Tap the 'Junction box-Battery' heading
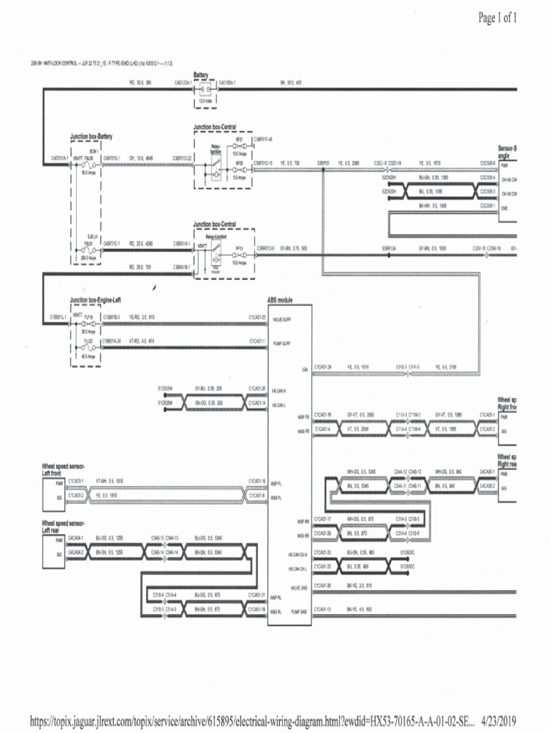[x=91, y=136]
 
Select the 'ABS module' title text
[x=280, y=301]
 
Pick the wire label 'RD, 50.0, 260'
[x=140, y=82]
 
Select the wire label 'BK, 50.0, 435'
[x=291, y=82]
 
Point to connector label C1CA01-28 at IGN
[x=324, y=366]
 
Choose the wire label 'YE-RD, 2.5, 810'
[x=142, y=316]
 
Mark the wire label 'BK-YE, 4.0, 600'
[x=360, y=609]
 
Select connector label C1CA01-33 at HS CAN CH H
[x=324, y=552]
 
